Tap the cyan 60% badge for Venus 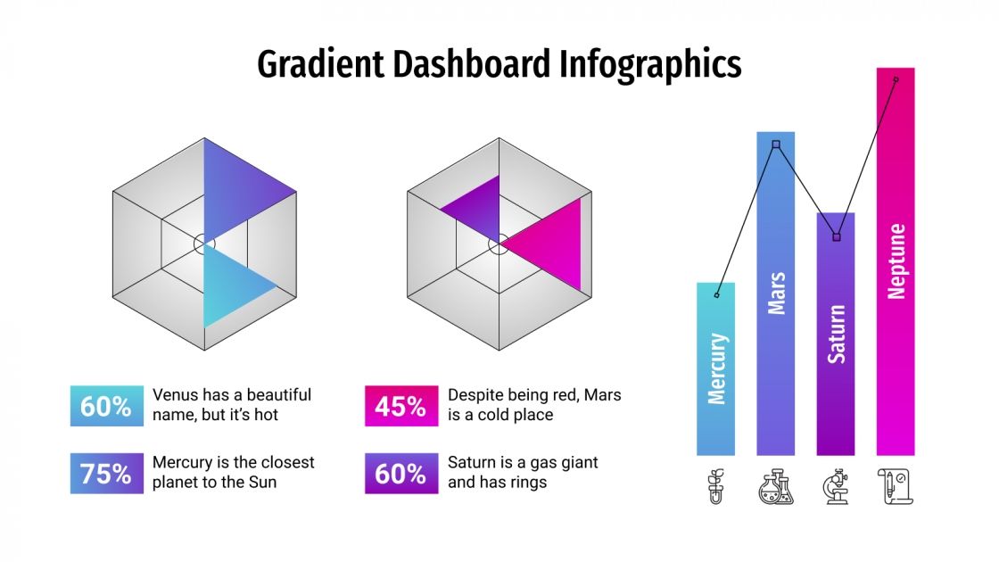point(106,407)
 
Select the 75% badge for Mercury point(106,474)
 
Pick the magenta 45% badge point(401,407)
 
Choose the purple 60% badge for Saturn point(401,474)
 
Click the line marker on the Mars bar point(776,145)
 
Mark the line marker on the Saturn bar point(837,237)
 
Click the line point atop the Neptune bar point(896,79)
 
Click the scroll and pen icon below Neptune point(896,487)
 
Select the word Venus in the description point(175,394)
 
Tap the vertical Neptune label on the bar point(896,260)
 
